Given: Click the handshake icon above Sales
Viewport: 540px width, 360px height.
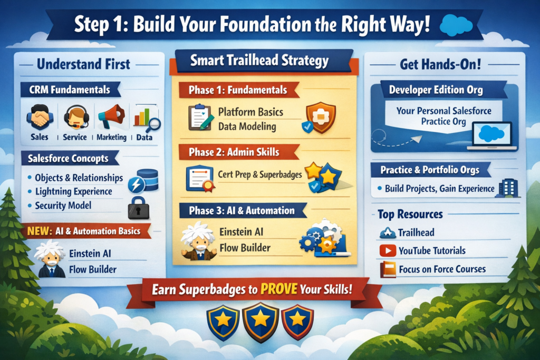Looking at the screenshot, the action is click(40, 118).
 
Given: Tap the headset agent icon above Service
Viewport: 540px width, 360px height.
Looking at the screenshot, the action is click(76, 117).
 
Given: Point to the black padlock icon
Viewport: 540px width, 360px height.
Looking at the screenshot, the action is click(139, 208).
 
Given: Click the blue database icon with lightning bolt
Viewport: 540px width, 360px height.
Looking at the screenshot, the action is click(143, 180).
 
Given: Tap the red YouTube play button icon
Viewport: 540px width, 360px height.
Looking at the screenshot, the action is click(388, 250).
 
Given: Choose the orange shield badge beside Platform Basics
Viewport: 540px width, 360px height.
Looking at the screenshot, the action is click(320, 118).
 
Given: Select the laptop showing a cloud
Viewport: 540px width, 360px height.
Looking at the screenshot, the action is click(492, 136).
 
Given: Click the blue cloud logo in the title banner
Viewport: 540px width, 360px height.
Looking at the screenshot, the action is click(456, 25).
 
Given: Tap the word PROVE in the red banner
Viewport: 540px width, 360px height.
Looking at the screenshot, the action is click(278, 289).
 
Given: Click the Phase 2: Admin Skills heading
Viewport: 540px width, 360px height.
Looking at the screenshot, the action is click(234, 152).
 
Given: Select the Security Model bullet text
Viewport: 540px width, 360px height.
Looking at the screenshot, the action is click(63, 206).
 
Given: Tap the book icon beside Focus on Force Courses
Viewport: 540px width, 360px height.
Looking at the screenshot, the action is click(388, 269).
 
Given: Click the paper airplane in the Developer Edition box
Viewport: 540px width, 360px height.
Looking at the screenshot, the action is click(417, 139).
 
